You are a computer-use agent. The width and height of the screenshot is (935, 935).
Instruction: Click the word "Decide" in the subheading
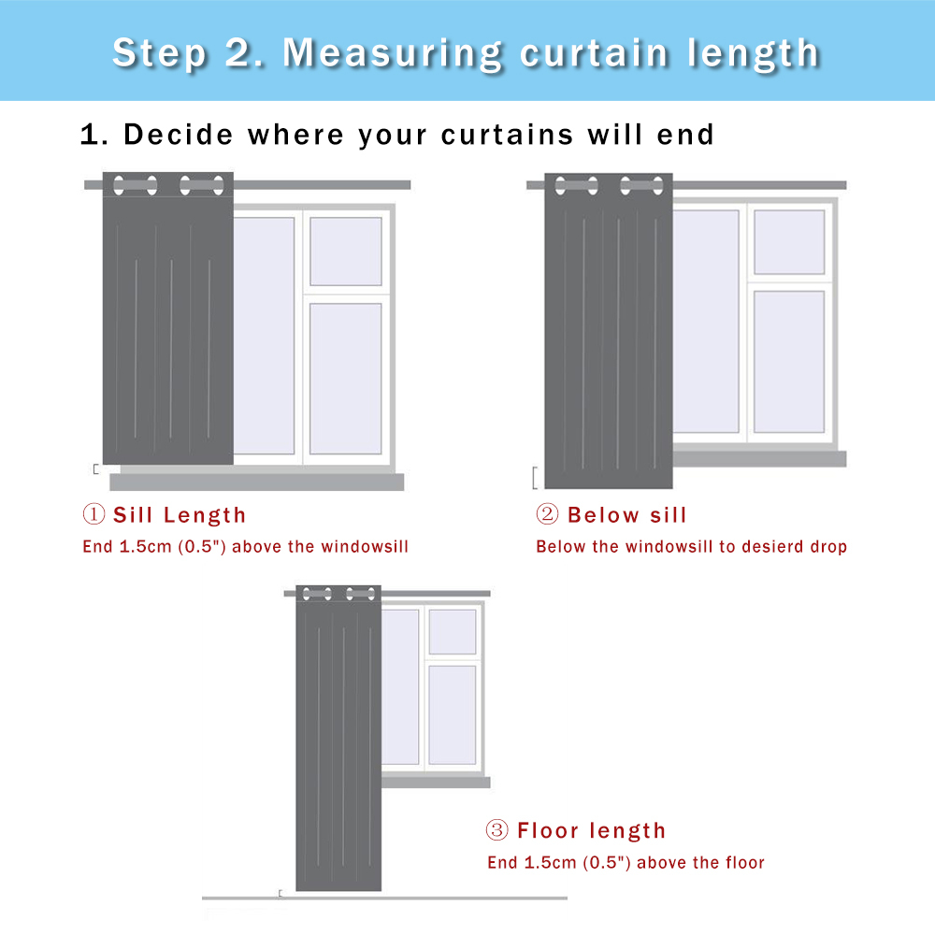click(178, 134)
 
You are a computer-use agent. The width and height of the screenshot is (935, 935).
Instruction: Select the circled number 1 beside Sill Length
click(93, 514)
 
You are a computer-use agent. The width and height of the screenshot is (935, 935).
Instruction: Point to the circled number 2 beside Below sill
click(547, 514)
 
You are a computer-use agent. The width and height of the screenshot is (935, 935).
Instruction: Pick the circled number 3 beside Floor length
click(496, 829)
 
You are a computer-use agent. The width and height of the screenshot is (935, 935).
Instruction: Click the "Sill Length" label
click(180, 514)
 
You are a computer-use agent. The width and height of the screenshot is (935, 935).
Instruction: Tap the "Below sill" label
click(626, 514)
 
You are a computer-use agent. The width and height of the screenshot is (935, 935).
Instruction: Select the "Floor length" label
click(592, 830)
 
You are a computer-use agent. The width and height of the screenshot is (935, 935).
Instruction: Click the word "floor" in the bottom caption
click(745, 862)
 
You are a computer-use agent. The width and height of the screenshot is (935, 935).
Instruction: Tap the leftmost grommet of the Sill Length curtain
click(119, 185)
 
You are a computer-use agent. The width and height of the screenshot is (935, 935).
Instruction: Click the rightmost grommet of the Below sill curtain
click(657, 185)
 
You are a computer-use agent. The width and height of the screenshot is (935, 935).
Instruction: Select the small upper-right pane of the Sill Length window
click(346, 252)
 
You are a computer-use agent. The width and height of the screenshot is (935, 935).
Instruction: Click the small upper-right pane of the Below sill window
click(789, 242)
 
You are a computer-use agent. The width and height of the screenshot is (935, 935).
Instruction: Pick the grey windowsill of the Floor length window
click(436, 783)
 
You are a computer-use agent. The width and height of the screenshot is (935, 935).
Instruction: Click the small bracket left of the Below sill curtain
click(535, 478)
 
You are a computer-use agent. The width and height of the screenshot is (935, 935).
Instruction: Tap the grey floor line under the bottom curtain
click(384, 898)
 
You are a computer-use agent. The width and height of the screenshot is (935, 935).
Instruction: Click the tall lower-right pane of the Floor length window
click(452, 715)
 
